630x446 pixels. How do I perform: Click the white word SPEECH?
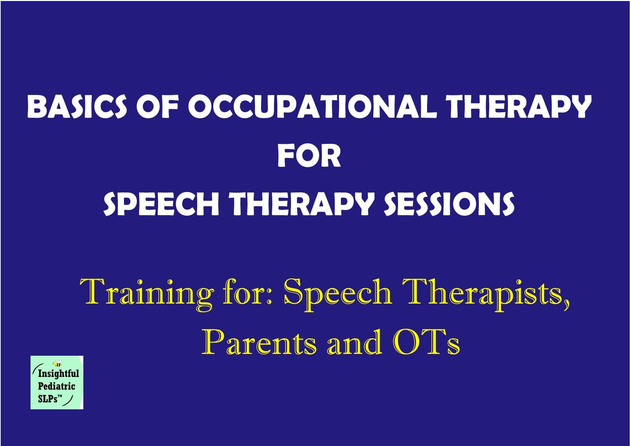coord(161,204)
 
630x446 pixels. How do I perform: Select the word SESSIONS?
coord(449,204)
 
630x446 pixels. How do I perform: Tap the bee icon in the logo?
coord(57,363)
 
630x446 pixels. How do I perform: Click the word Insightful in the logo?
coord(58,373)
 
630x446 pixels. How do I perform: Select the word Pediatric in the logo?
coord(56,386)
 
